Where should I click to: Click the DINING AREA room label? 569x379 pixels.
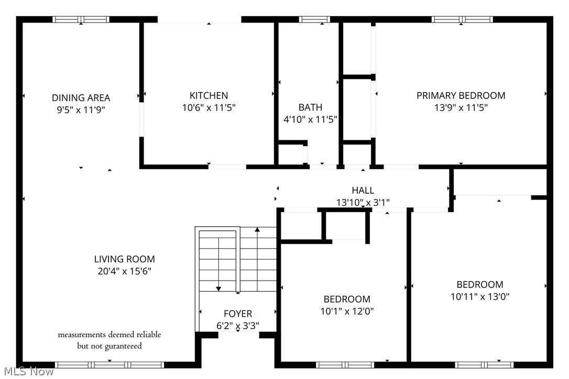(81, 98)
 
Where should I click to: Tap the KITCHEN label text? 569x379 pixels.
(209, 96)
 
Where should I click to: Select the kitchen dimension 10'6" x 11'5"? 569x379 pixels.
(209, 108)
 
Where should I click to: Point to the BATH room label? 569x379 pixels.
(310, 107)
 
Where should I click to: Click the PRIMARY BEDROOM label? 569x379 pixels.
(461, 96)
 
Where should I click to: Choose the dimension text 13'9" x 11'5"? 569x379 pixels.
(461, 108)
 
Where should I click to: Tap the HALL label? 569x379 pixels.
(363, 191)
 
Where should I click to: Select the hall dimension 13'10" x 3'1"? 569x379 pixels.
(363, 202)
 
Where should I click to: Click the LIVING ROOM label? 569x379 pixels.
(124, 259)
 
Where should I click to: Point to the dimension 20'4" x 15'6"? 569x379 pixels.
(124, 271)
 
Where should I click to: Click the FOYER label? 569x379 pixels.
(238, 314)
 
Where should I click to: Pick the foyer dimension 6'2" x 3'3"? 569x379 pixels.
(238, 326)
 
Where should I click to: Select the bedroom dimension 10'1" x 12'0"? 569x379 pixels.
(347, 311)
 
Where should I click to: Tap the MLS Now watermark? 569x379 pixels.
(27, 372)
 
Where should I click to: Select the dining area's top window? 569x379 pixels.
(81, 19)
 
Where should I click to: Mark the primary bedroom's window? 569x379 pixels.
(462, 19)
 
